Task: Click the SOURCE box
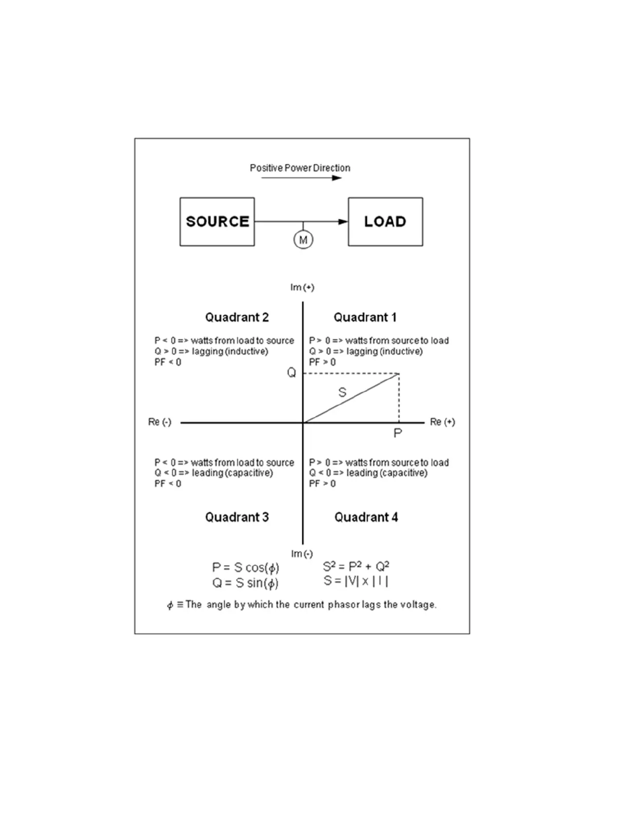(217, 222)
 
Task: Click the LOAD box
(385, 222)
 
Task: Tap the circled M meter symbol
(303, 240)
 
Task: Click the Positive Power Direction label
(300, 168)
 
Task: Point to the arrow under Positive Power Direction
(301, 178)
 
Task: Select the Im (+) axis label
(302, 287)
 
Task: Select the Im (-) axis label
(302, 554)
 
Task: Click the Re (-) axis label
(160, 422)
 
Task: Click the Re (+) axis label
(442, 422)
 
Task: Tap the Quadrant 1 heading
(365, 317)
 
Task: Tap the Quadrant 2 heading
(237, 317)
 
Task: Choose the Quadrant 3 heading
(237, 517)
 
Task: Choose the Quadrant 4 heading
(366, 517)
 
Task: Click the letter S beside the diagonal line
(342, 393)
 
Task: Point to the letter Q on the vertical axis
(291, 373)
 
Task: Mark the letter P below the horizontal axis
(398, 433)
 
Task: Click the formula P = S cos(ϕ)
(246, 568)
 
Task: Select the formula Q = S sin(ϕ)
(246, 583)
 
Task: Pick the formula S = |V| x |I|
(356, 581)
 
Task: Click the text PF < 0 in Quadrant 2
(168, 362)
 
